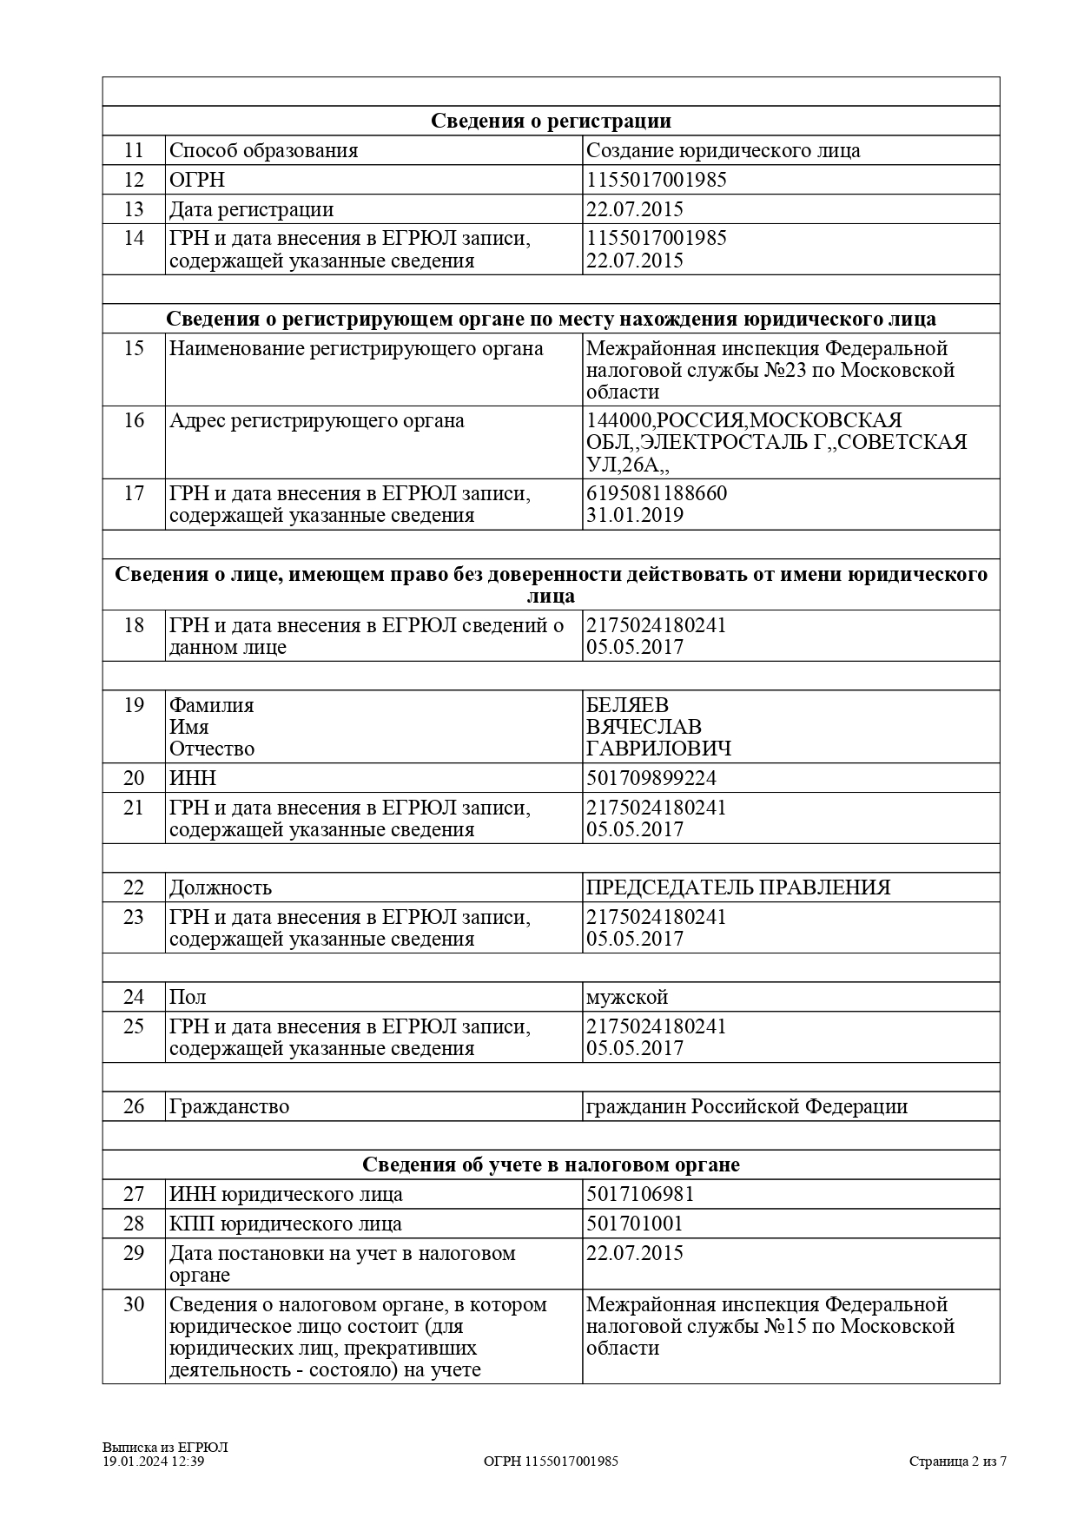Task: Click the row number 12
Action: (133, 180)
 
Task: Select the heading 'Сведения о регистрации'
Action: (551, 121)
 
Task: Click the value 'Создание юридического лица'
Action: (724, 150)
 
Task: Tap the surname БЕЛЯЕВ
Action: (628, 704)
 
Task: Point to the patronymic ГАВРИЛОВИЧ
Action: (658, 749)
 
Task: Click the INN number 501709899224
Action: (651, 777)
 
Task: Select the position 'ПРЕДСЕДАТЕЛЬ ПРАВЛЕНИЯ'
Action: (738, 887)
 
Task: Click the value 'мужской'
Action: (627, 997)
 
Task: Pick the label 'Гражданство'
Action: (229, 1106)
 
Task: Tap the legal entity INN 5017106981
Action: (640, 1194)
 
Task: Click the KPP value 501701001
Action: (635, 1224)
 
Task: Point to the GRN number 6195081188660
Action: (657, 493)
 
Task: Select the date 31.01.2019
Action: (635, 515)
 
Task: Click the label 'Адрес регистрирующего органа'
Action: (317, 420)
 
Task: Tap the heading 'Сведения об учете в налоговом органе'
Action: (551, 1164)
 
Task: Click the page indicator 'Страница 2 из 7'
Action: (958, 1461)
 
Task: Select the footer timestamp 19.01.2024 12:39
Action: (154, 1461)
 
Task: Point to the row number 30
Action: (133, 1304)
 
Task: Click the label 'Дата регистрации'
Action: (251, 209)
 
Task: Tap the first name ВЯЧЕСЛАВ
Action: (644, 726)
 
